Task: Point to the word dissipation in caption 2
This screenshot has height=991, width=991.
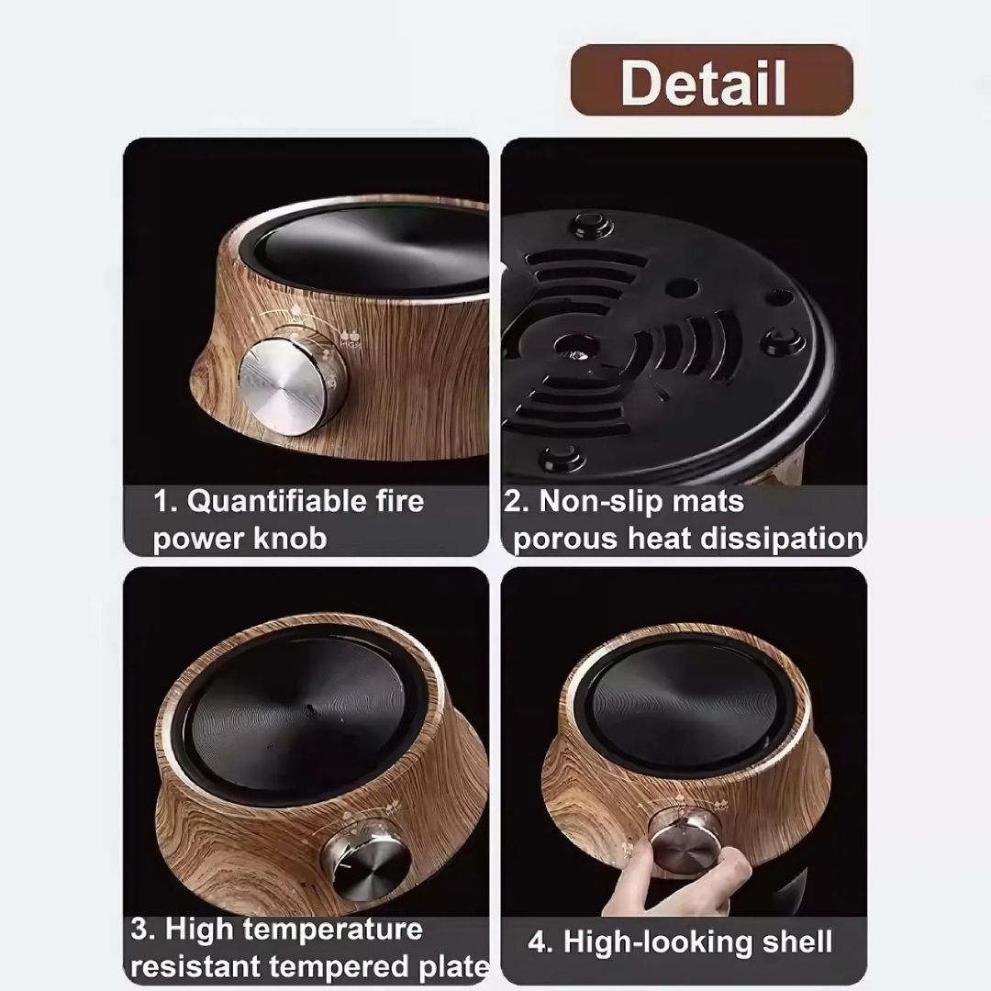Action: coord(781,539)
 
